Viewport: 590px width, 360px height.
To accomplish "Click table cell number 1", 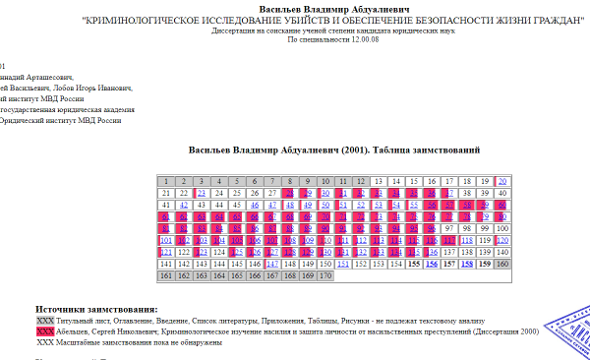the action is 167,181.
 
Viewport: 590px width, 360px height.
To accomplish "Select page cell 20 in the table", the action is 501,181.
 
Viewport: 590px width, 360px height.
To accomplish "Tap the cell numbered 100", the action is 501,228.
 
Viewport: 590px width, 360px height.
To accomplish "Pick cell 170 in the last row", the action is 325,275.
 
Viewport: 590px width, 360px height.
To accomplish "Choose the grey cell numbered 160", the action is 501,264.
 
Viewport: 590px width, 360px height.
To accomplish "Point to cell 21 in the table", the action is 167,193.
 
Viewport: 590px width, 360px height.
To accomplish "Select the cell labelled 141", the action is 167,264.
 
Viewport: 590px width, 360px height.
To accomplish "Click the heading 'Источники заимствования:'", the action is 96,311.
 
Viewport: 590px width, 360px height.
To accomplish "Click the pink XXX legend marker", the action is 44,332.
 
